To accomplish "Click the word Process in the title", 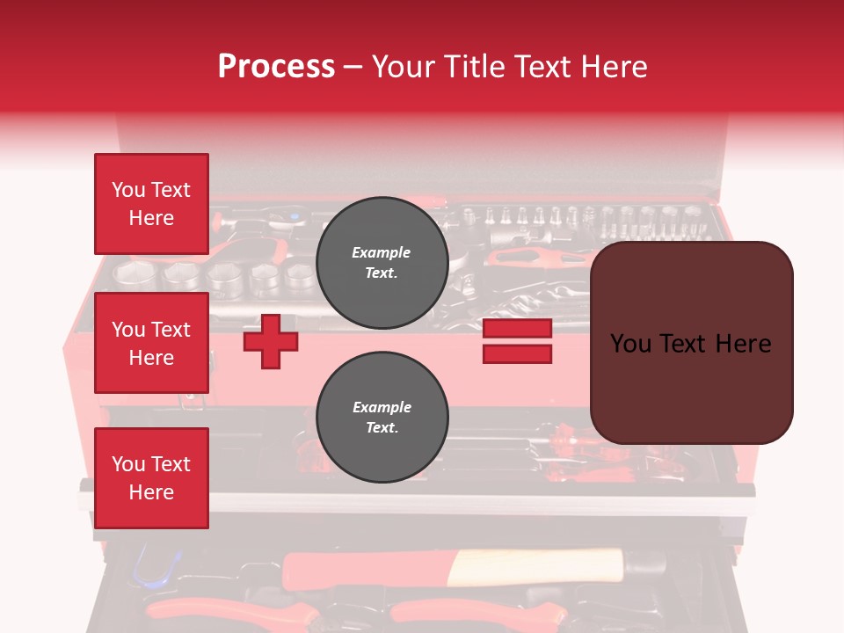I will (276, 67).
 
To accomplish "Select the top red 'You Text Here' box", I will (151, 204).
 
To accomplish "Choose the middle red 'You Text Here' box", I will (151, 343).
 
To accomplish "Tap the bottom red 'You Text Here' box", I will (151, 478).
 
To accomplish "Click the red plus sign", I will (271, 341).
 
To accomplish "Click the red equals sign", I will (518, 341).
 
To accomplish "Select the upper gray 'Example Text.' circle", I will (382, 262).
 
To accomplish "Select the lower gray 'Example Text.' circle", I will (382, 417).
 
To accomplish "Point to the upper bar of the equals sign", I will (518, 329).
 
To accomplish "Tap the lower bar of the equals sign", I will (518, 353).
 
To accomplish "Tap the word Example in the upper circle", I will (382, 252).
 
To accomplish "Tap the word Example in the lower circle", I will (382, 407).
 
